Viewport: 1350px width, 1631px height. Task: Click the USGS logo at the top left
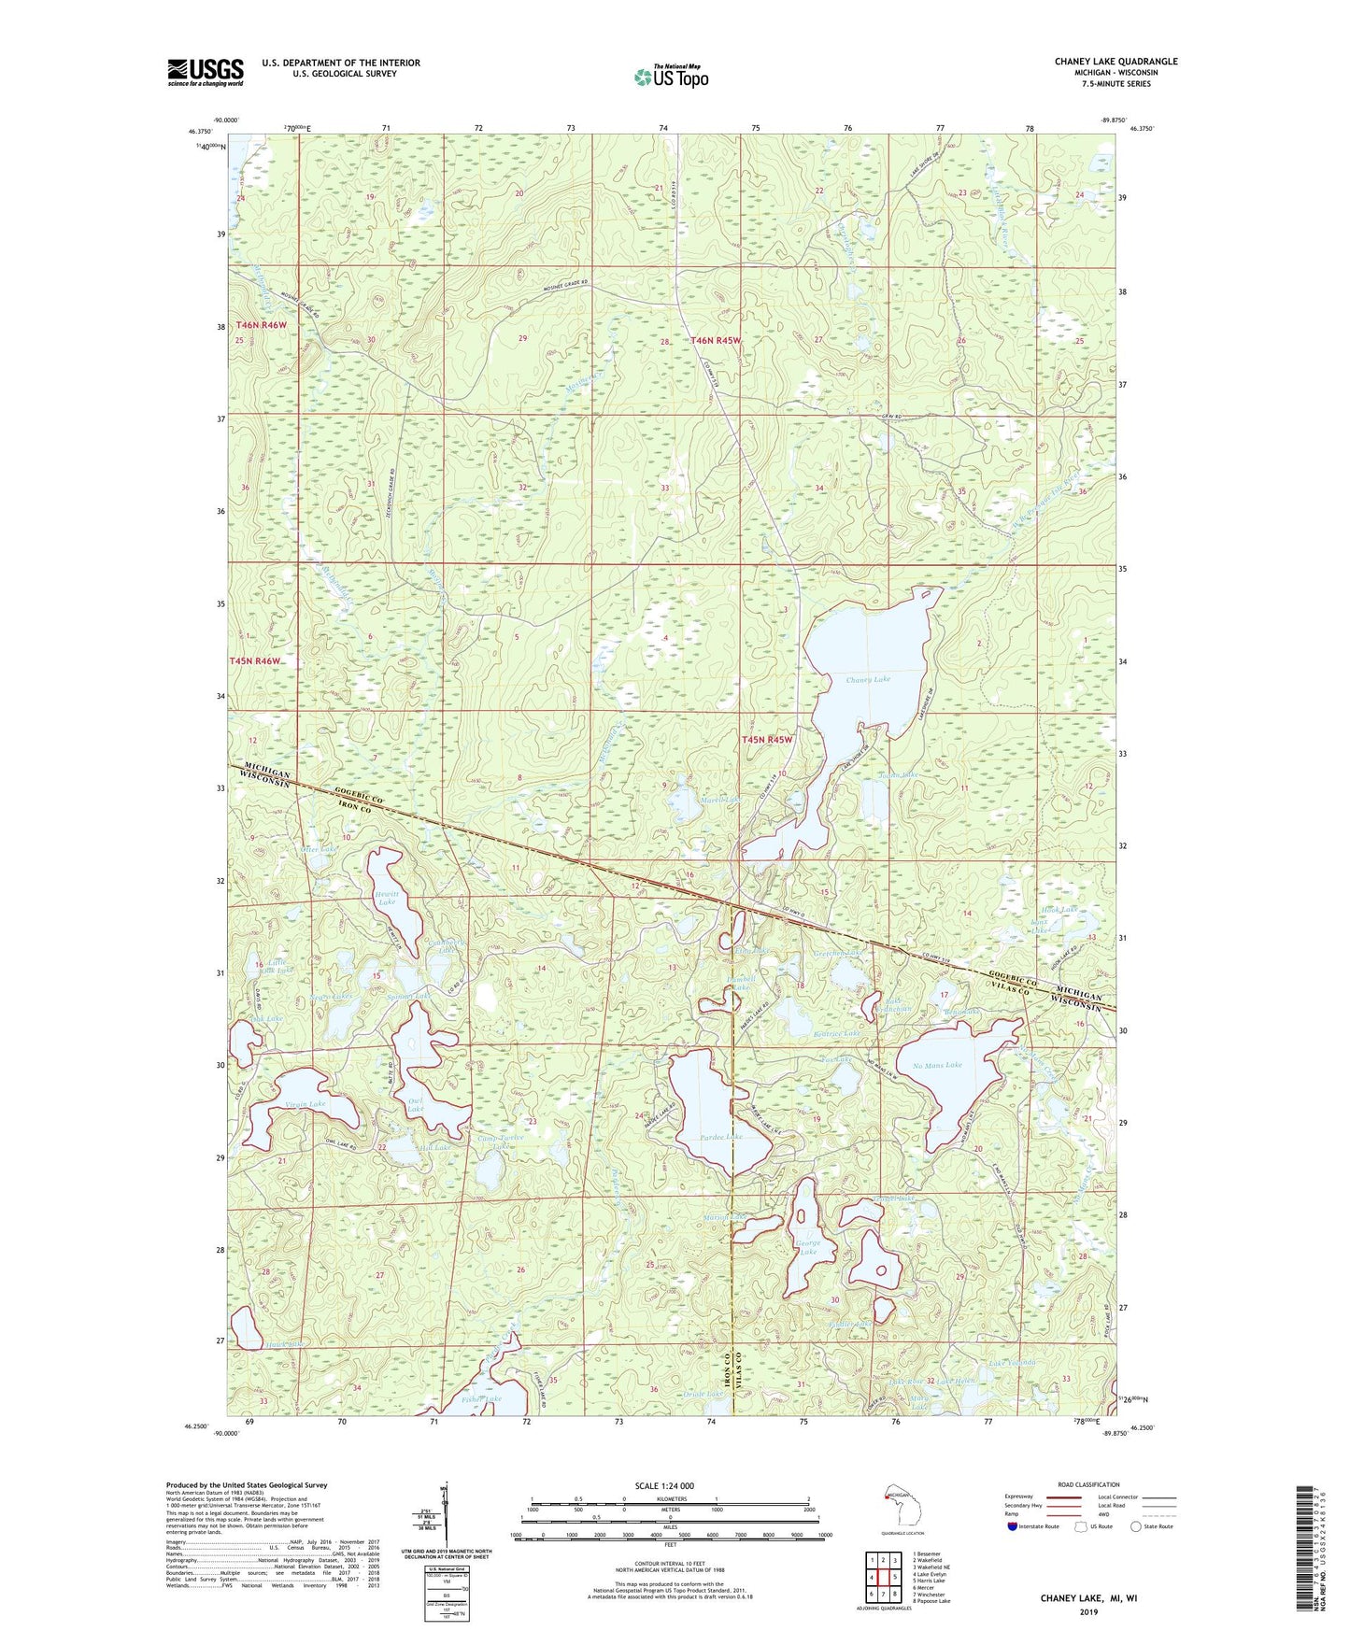pyautogui.click(x=206, y=72)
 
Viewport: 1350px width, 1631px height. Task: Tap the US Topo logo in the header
pyautogui.click(x=671, y=77)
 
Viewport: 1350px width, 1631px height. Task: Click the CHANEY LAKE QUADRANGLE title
pyautogui.click(x=1116, y=62)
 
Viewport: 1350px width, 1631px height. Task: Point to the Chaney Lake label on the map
pyautogui.click(x=868, y=680)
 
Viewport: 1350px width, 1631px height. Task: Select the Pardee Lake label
pyautogui.click(x=720, y=1137)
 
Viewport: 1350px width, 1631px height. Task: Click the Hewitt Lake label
pyautogui.click(x=386, y=898)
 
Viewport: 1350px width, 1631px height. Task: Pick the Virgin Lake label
pyautogui.click(x=305, y=1104)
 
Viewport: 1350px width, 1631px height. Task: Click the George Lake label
pyautogui.click(x=808, y=1247)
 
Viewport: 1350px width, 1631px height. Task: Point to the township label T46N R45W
pyautogui.click(x=716, y=341)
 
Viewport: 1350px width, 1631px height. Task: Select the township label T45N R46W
pyautogui.click(x=256, y=661)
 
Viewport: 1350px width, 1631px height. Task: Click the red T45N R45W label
pyautogui.click(x=766, y=740)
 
